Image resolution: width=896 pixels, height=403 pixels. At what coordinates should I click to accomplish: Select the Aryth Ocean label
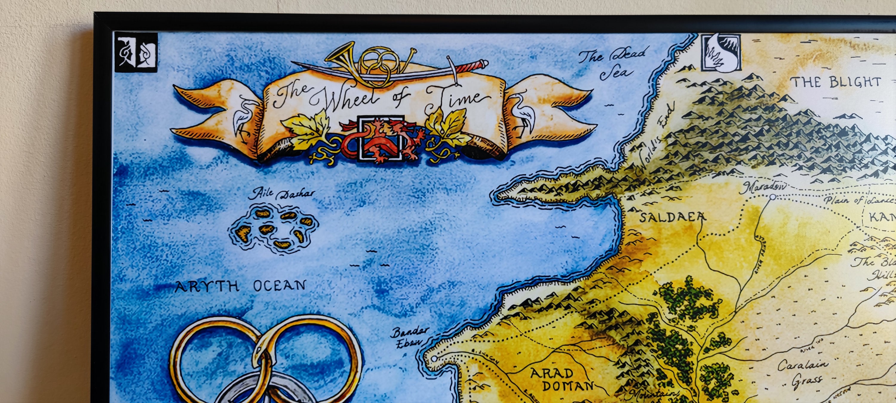click(x=240, y=286)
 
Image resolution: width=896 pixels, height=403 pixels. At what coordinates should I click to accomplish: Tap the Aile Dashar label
click(x=281, y=193)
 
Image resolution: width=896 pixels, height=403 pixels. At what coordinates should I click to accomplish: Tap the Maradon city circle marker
click(x=773, y=197)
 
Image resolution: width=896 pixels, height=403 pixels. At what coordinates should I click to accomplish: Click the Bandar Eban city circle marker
click(x=434, y=359)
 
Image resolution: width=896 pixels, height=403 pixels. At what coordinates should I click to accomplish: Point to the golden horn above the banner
click(x=344, y=56)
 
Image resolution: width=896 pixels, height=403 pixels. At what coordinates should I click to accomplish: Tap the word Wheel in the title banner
click(x=349, y=98)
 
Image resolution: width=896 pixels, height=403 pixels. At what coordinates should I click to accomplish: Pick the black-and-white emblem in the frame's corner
click(x=136, y=52)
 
